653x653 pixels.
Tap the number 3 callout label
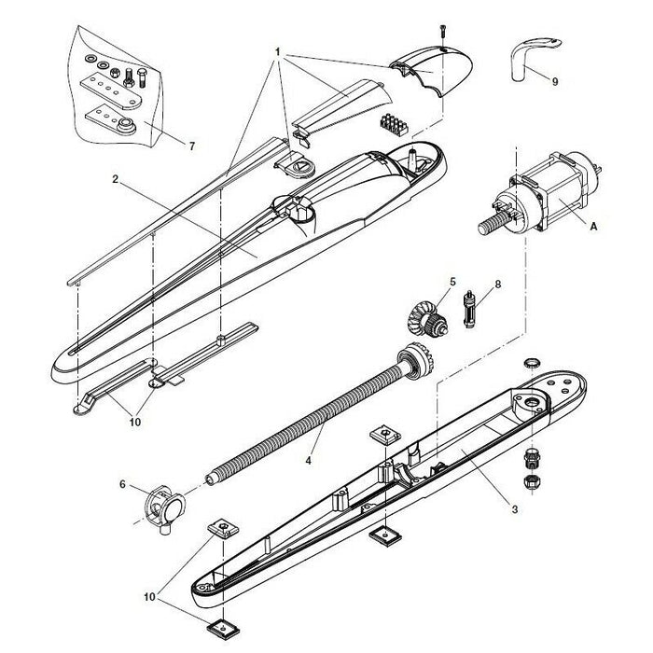point(514,509)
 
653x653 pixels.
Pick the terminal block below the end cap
point(395,124)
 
